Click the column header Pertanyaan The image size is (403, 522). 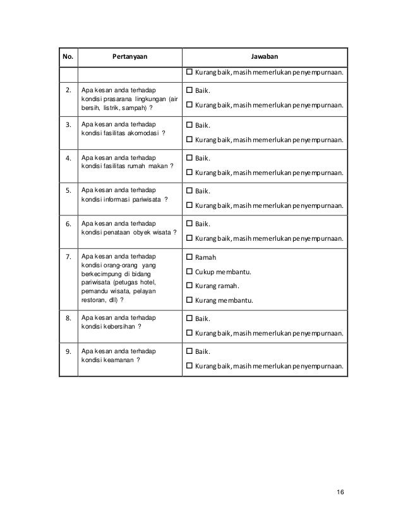click(x=129, y=56)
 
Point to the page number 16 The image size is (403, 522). click(x=341, y=492)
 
